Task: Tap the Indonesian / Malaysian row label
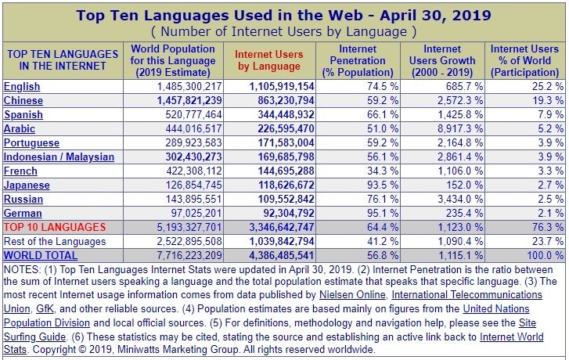[59, 157]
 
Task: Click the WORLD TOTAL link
[41, 255]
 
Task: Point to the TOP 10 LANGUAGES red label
[55, 227]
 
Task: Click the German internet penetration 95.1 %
[382, 213]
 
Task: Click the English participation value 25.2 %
[545, 86]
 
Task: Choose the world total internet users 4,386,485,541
[270, 255]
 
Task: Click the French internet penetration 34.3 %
[382, 171]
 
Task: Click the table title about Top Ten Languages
[283, 14]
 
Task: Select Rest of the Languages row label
[55, 241]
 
